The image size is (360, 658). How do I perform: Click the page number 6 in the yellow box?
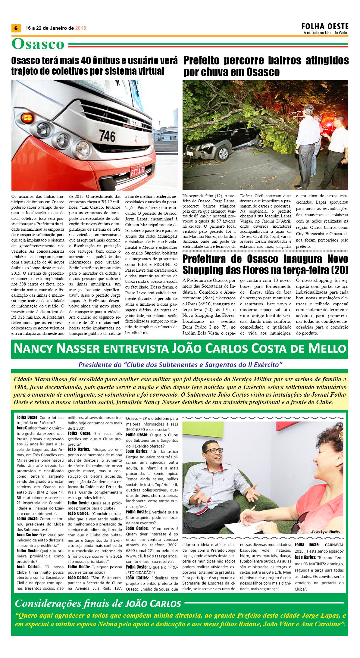(x=16, y=28)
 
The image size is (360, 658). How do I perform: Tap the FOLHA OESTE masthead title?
(x=325, y=27)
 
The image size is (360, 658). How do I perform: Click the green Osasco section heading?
(x=38, y=44)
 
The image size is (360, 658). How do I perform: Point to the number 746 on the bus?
(x=107, y=136)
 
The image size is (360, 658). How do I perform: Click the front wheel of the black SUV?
(x=223, y=153)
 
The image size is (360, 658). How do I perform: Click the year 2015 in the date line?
(x=80, y=28)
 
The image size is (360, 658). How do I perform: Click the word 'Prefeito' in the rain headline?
(x=201, y=60)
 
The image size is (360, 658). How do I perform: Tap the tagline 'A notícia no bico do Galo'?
(x=325, y=33)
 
